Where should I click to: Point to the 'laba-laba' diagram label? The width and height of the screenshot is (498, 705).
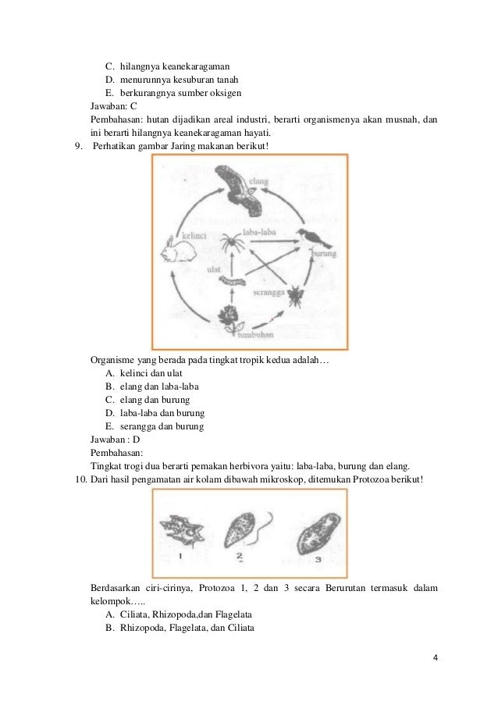pos(257,232)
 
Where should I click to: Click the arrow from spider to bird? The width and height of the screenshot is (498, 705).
pos(273,240)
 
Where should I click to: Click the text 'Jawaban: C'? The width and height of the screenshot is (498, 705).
pos(114,107)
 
